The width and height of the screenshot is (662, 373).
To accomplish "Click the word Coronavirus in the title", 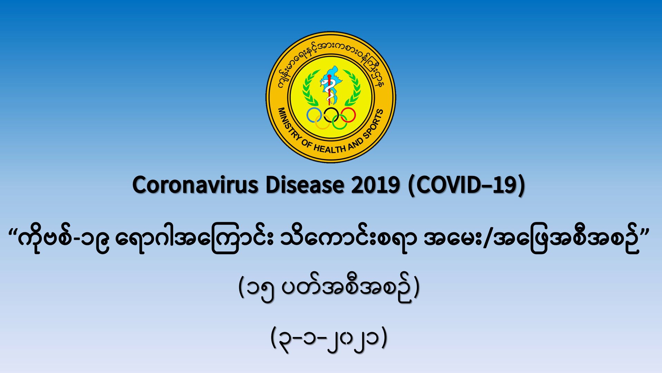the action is click(x=195, y=185).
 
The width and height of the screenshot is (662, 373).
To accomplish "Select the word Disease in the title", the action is click(x=305, y=185).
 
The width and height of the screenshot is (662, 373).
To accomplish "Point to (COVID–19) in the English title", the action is click(x=467, y=186).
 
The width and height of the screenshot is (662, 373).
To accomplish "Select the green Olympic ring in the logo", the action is click(x=339, y=129).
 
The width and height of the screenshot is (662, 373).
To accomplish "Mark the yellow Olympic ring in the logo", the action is click(x=323, y=129).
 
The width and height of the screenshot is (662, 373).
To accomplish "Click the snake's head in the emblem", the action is click(x=324, y=82).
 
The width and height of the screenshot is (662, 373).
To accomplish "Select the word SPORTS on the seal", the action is click(x=374, y=124).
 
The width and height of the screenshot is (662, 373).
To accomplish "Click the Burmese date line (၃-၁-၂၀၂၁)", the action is click(x=329, y=338).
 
